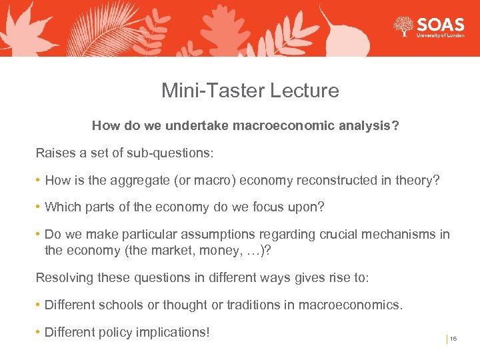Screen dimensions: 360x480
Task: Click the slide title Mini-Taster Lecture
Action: [250, 91]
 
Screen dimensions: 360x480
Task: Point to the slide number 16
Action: [453, 339]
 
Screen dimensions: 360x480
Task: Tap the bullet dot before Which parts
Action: [39, 207]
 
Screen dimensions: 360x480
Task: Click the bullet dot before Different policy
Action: [39, 332]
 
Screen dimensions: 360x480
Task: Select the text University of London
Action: [440, 36]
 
